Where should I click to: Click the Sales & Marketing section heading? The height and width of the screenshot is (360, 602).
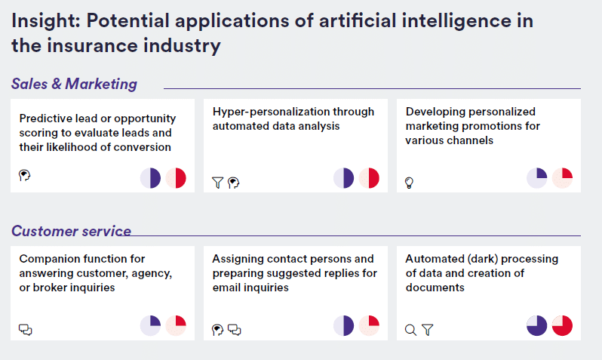point(74,84)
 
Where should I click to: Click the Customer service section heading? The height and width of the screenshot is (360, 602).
point(71,231)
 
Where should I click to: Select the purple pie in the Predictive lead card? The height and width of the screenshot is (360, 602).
point(151,178)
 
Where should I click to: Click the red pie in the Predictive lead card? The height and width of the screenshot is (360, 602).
point(176,178)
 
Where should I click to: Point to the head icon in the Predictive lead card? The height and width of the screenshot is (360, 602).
point(25,176)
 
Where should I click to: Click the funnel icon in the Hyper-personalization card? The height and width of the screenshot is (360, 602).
point(218,183)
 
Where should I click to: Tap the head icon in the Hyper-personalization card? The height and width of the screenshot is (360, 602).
point(233,183)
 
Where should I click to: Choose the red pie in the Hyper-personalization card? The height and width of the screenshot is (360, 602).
point(369,178)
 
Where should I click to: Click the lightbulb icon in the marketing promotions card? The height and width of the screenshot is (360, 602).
point(410,183)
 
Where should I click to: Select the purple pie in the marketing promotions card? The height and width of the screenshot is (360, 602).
point(536,178)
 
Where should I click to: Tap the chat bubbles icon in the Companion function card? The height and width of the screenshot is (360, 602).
point(26,330)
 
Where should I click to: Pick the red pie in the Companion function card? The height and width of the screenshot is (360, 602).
point(176,325)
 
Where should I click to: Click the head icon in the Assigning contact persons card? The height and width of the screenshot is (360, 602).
point(218,330)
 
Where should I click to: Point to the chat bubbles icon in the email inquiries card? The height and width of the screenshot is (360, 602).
point(234,330)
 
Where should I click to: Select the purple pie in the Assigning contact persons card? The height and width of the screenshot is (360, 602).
point(343,325)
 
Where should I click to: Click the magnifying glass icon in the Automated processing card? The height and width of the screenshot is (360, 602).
point(411,330)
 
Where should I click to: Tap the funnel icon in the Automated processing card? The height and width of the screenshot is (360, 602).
point(427,330)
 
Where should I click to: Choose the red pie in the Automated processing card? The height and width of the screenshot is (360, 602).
point(562,325)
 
